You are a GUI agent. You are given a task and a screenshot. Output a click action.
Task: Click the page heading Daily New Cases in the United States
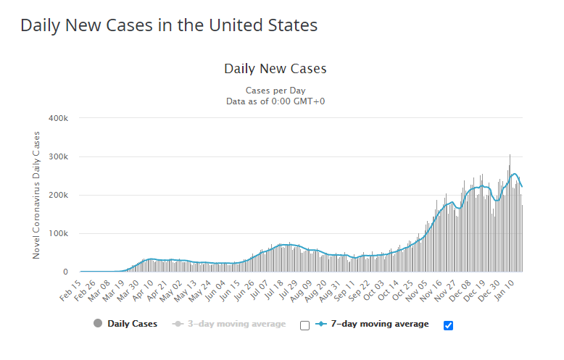pos(169,25)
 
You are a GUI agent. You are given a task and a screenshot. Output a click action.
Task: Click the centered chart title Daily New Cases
pos(275,69)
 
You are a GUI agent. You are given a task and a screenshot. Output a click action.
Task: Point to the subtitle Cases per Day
pos(275,91)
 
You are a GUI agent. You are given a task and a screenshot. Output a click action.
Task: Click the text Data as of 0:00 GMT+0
pos(275,101)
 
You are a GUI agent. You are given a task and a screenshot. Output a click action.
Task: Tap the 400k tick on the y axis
pos(58,118)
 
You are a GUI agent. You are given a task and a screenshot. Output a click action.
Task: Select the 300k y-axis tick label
pos(58,156)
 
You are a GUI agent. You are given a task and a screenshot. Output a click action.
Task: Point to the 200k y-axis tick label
pos(58,195)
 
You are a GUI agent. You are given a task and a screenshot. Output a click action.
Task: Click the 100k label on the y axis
pos(58,233)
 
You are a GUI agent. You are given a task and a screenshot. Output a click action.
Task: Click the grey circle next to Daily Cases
pos(97,324)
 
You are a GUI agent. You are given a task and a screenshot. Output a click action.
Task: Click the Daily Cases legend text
pos(131,324)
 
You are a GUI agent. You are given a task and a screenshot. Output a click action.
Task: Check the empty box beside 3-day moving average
pos(304,325)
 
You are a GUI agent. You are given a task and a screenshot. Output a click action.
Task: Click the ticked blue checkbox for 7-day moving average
pos(448,325)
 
